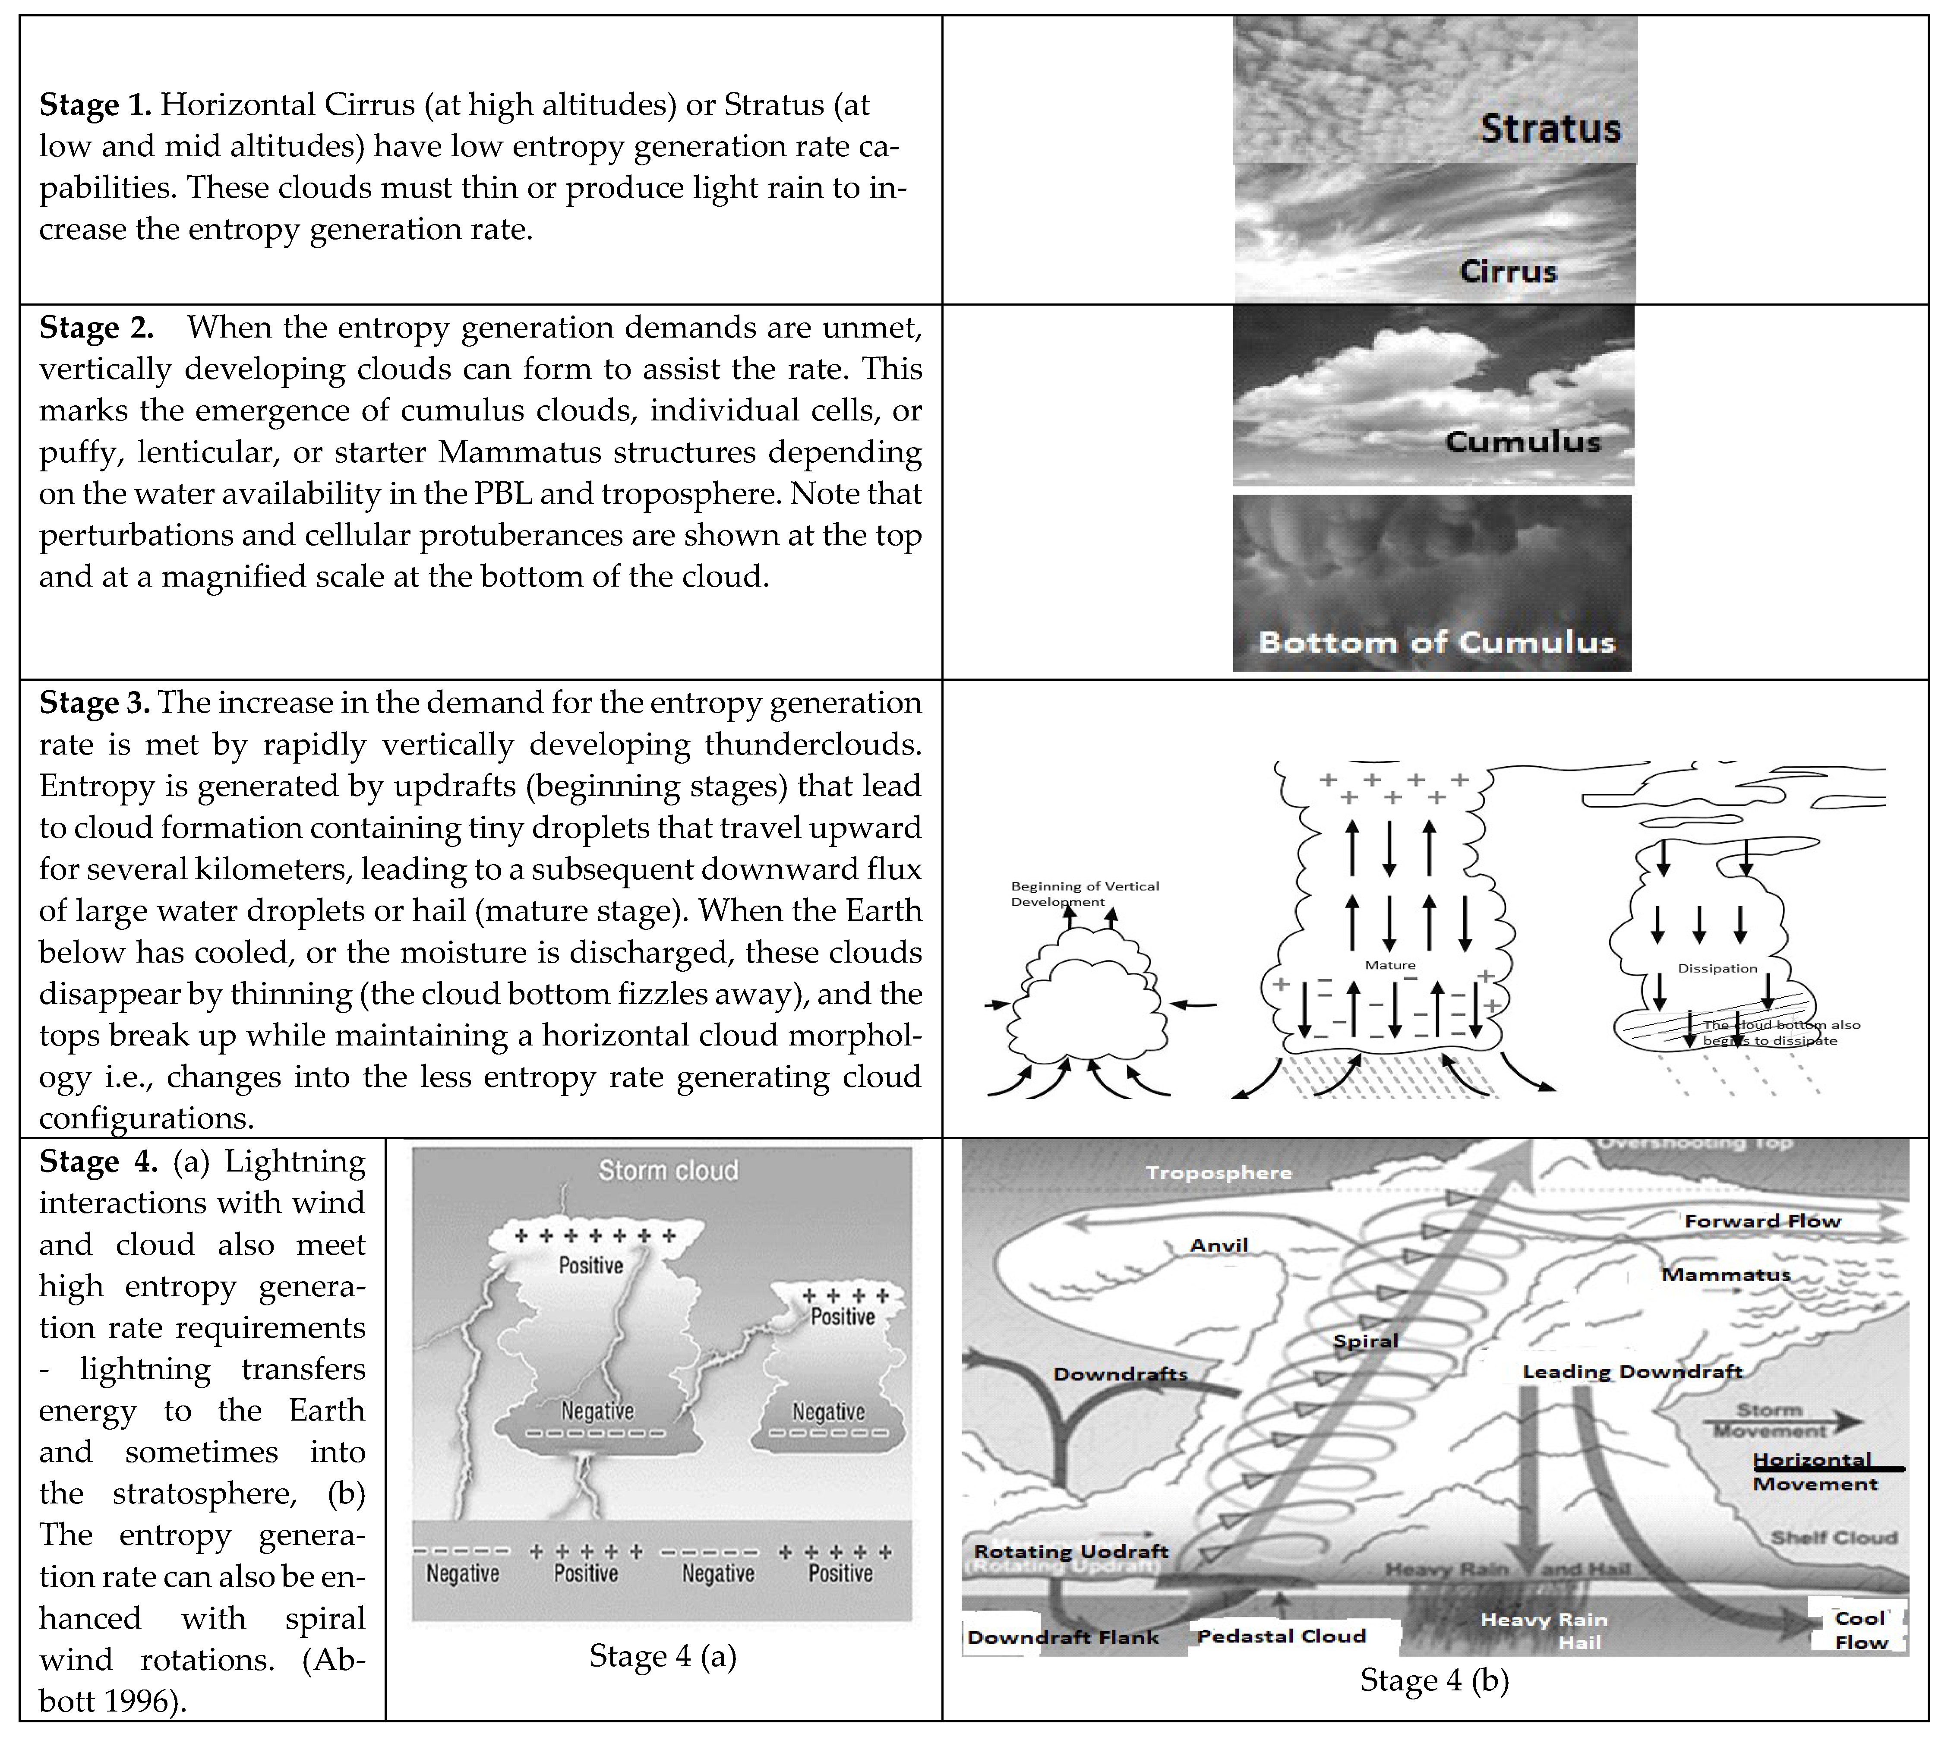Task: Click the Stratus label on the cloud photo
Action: click(1550, 128)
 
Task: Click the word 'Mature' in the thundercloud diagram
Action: click(1390, 965)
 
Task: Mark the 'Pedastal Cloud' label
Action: click(1281, 1636)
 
